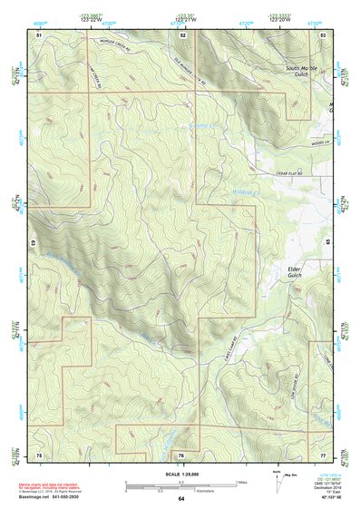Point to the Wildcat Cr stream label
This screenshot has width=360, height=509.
pyautogui.click(x=246, y=191)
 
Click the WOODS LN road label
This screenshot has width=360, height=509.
pyautogui.click(x=316, y=141)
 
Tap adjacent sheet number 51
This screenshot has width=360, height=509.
pyautogui.click(x=39, y=34)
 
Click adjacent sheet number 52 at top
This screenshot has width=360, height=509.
pyautogui.click(x=182, y=34)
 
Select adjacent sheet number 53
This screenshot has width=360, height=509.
pyautogui.click(x=324, y=34)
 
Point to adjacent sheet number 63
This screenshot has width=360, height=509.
pyautogui.click(x=32, y=244)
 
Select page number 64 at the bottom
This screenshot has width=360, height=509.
pyautogui.click(x=181, y=498)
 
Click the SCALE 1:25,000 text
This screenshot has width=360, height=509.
pyautogui.click(x=180, y=473)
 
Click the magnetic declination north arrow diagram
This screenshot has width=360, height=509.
pyautogui.click(x=276, y=478)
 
